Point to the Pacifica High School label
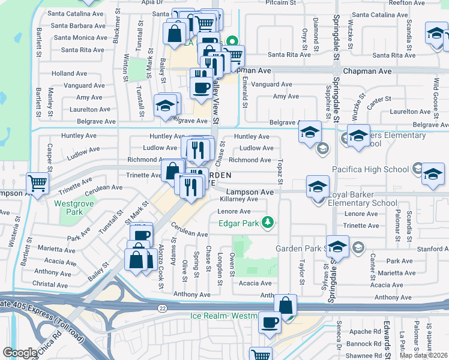coord(370,169)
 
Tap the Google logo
coord(20,353)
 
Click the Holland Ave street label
coord(70,73)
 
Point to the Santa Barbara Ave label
coord(79,26)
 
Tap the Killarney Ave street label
coord(238,199)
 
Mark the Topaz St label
coord(280,172)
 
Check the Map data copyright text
coord(424,355)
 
